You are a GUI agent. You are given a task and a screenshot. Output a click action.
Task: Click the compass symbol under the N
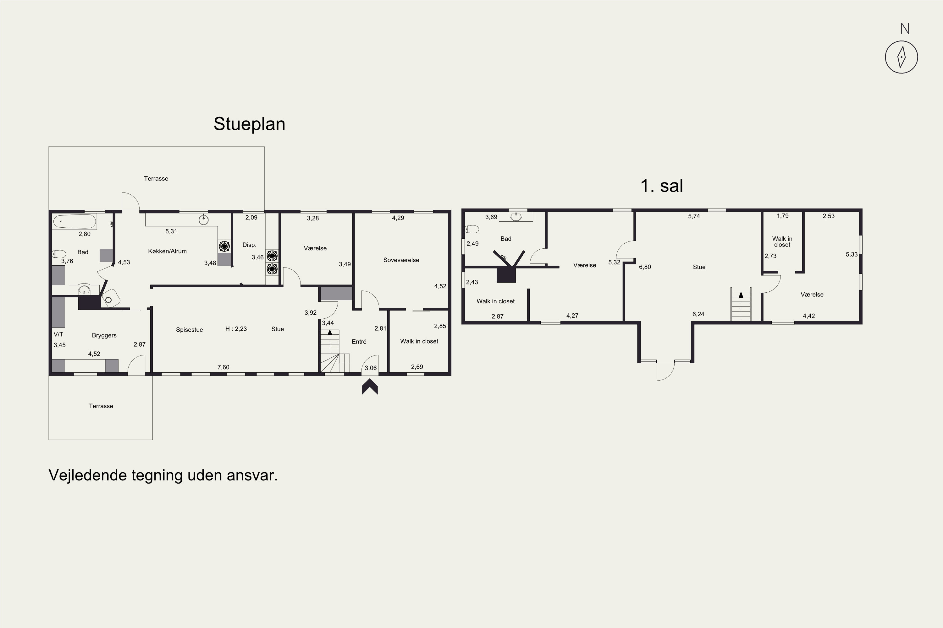coord(901,57)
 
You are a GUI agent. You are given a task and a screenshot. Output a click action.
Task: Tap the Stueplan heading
coord(249,124)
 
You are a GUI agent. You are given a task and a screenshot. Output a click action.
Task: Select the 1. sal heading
coord(662,186)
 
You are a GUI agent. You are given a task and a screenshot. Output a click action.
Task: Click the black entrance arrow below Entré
coord(370,387)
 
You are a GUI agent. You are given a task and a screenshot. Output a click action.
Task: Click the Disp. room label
coord(249,245)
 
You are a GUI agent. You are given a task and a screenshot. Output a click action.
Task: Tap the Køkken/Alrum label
coord(167,251)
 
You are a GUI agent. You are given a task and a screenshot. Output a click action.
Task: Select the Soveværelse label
coord(401,260)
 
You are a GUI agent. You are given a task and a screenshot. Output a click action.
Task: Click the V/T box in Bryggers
coord(58,334)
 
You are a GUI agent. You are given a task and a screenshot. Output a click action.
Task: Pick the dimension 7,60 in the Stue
coord(223,367)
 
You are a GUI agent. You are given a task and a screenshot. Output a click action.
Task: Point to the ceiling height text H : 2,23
coord(236,329)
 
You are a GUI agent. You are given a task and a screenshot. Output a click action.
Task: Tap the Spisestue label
coord(189,330)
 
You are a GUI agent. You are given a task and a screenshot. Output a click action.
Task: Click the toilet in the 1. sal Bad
coord(472,229)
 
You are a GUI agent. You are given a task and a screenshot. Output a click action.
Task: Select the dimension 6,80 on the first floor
coord(645,267)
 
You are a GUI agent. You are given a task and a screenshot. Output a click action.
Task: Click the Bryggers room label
coord(104,336)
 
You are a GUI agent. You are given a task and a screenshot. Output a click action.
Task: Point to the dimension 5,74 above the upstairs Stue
coord(694,216)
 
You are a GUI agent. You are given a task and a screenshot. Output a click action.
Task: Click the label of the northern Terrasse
coord(156,179)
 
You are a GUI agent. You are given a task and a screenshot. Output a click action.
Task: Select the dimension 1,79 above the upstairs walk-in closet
coord(782,216)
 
